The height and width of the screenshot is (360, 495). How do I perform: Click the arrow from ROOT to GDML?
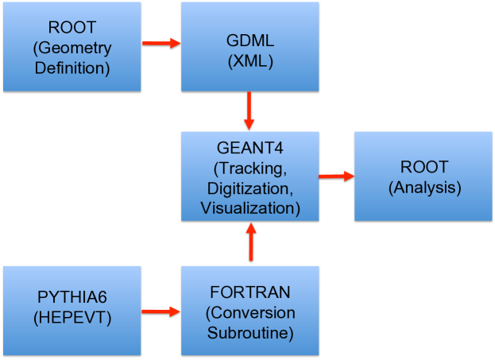[161, 43]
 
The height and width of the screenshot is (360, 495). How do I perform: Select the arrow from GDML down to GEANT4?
[249, 110]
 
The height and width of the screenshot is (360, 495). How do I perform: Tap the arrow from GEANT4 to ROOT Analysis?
[336, 176]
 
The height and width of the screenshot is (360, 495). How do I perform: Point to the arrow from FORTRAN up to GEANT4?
[251, 242]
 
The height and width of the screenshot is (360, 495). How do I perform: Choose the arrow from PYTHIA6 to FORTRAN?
[161, 312]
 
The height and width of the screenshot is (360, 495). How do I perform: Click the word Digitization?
[249, 189]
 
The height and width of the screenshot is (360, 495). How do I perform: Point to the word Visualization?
[249, 208]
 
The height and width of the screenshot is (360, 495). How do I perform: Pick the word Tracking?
[253, 170]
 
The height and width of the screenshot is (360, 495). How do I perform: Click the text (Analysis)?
[424, 188]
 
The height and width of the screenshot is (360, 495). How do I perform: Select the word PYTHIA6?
[72, 298]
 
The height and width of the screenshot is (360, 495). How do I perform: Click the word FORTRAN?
[250, 292]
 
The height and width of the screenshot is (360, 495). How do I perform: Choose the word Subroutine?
[250, 331]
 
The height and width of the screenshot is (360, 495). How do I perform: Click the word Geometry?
[75, 48]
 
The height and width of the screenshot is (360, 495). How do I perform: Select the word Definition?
[72, 68]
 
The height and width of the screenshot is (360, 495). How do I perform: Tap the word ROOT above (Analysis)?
[424, 168]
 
